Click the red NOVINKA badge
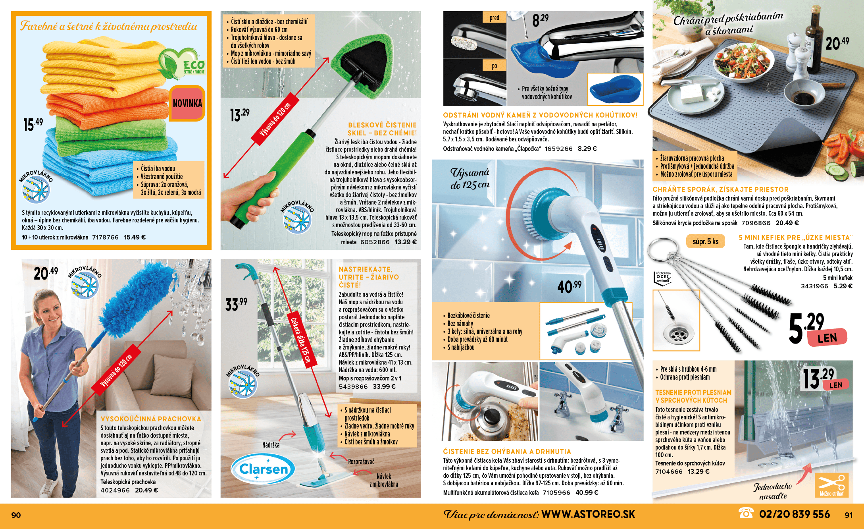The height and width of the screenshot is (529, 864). (187, 104)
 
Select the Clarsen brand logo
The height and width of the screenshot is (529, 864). (263, 469)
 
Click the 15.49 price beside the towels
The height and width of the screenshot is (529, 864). (33, 124)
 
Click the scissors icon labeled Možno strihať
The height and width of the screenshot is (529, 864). (831, 485)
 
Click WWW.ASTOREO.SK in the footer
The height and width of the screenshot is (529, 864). (588, 514)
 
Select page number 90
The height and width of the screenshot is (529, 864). (16, 515)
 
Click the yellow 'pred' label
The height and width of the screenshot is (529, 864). (495, 17)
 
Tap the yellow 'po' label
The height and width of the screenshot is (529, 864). (495, 66)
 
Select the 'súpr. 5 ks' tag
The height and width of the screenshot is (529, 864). (705, 241)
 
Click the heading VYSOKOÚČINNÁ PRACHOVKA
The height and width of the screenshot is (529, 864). (151, 419)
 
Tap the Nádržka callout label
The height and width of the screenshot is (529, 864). (271, 445)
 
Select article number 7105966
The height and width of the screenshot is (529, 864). (556, 493)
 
